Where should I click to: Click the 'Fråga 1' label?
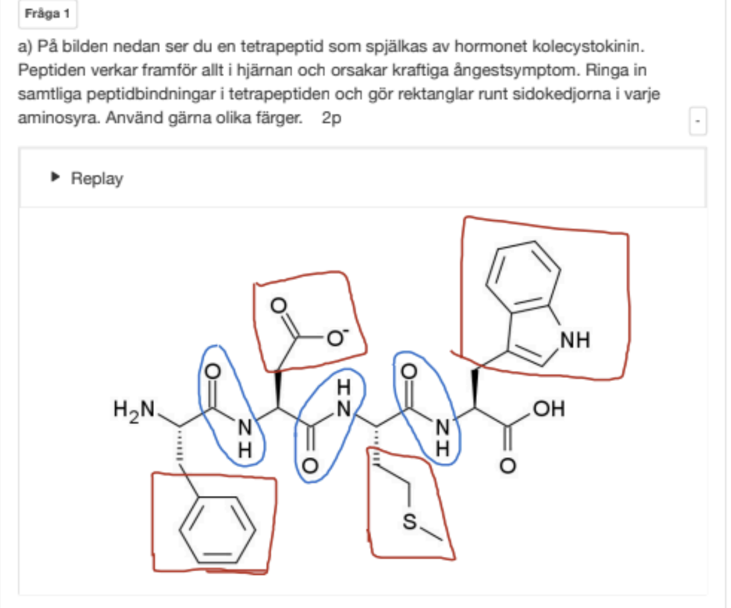tap(47, 14)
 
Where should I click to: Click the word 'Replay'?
tap(97, 178)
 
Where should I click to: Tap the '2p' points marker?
tap(331, 118)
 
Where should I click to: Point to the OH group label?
tap(549, 409)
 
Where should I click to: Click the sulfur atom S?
tap(409, 521)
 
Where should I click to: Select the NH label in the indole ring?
tap(575, 340)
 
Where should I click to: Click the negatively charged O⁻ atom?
tap(337, 338)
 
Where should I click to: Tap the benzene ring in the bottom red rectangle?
tap(218, 530)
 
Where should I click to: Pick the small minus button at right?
tap(697, 121)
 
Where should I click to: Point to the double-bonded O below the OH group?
tap(508, 465)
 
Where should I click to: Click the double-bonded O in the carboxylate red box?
tap(279, 305)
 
